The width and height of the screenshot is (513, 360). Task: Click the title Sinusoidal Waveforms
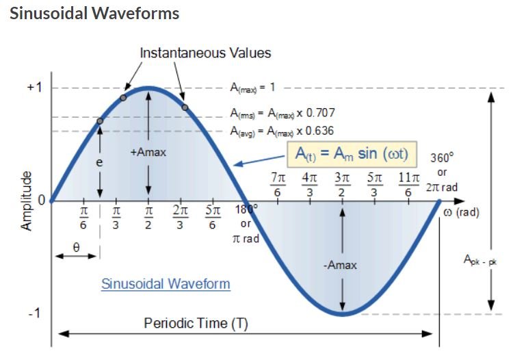[94, 13]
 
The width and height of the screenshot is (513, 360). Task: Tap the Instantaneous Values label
[205, 53]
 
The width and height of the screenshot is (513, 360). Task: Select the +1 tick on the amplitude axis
[35, 88]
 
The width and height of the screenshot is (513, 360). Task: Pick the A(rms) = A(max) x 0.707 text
[282, 112]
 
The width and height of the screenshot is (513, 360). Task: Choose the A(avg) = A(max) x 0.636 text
[282, 131]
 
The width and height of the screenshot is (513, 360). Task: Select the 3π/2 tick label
[342, 184]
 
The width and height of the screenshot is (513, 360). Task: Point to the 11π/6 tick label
[408, 184]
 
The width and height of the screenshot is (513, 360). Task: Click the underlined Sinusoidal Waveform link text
[166, 283]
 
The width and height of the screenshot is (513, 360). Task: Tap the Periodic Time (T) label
[196, 323]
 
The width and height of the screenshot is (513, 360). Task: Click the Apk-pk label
[479, 259]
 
